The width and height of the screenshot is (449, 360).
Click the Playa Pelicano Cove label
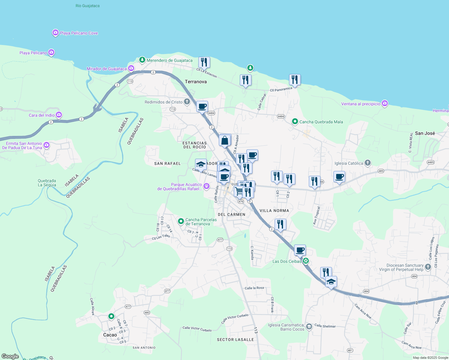point(79,33)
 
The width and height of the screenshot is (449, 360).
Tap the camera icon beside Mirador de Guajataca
point(131,68)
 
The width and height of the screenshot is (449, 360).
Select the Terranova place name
point(196,82)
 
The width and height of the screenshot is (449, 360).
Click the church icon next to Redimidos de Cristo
point(187,102)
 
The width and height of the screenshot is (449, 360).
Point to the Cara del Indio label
point(42,115)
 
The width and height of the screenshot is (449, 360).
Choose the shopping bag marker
point(225,140)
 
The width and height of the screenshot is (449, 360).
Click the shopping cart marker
point(239,190)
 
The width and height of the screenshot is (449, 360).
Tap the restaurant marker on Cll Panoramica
point(295,80)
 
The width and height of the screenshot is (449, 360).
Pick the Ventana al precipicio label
point(360,104)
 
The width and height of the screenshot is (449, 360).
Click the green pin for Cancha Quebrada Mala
point(295,121)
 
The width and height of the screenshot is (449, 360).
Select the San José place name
point(425,133)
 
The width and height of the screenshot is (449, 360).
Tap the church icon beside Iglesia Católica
point(368,163)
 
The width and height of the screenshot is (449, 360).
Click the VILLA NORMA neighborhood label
point(274,211)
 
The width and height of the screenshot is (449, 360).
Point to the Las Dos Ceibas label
point(287,261)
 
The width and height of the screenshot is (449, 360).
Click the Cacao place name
point(110,335)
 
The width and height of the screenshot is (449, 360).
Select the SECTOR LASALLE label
point(235,340)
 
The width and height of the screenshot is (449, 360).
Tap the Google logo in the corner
point(10,356)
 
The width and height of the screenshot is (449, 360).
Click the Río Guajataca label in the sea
point(87,6)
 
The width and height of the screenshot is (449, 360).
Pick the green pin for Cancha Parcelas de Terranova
point(181,221)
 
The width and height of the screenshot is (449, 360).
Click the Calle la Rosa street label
point(254,288)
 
